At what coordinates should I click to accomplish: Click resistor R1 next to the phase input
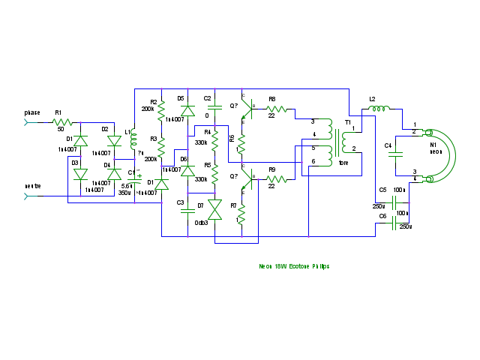pos(62,121)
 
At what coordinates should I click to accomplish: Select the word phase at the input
pos(32,112)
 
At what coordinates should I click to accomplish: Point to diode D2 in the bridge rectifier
pos(114,141)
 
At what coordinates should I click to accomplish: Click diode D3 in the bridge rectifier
pos(80,174)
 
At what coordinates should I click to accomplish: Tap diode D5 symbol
pos(188,110)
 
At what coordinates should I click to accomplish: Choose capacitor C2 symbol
pos(214,109)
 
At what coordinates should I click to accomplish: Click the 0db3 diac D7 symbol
pos(215,209)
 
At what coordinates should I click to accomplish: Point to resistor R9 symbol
pos(276,179)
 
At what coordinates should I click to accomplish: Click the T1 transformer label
pos(348,121)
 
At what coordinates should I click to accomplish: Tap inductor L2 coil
pos(377,109)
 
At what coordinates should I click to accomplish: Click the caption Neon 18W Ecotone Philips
pos(294,266)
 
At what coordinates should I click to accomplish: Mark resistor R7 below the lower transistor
pos(241,214)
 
